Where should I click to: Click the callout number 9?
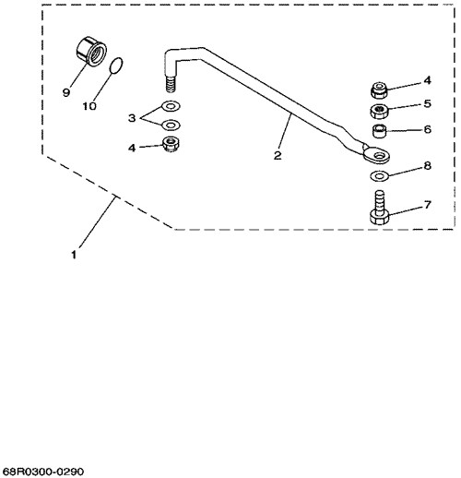(66, 92)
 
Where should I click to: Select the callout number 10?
(89, 106)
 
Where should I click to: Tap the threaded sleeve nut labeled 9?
(91, 51)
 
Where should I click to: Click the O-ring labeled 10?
(116, 66)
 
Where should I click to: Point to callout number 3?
(132, 118)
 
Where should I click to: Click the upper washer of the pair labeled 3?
(171, 106)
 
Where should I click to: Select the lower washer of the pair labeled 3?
(171, 125)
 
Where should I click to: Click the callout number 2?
(278, 155)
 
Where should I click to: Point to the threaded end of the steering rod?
(171, 84)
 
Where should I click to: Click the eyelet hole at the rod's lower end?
(381, 155)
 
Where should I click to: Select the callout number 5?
(427, 104)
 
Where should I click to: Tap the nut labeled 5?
(379, 111)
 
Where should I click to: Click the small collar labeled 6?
(379, 131)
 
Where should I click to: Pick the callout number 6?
(428, 129)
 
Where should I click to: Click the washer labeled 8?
(380, 175)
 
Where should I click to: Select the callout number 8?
(428, 166)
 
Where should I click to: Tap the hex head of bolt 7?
(380, 217)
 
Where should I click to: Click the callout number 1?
(74, 255)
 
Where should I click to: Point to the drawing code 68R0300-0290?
(42, 472)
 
